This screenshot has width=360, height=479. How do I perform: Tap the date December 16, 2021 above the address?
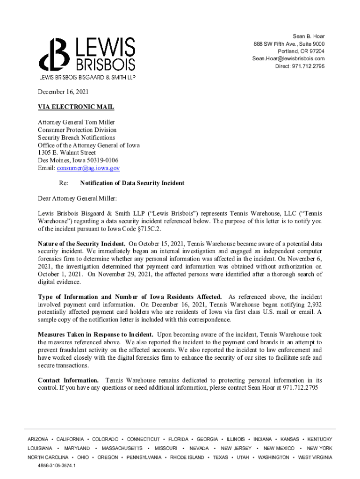point(63,92)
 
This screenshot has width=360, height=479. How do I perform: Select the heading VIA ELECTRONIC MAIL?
point(76,107)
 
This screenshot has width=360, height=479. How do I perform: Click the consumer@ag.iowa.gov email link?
point(88,168)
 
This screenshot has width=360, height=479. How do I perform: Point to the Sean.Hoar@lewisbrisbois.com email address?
point(288,58)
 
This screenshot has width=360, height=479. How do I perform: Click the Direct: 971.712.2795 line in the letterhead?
point(300,66)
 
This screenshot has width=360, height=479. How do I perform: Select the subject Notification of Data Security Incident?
point(132,183)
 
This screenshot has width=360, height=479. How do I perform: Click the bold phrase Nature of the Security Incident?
point(81,244)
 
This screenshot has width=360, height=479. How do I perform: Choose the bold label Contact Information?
point(68,380)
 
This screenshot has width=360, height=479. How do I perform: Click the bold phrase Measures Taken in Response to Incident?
point(95,335)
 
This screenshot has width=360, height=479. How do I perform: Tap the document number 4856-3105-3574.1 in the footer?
point(57,466)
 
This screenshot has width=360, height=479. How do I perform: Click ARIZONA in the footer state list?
point(38,439)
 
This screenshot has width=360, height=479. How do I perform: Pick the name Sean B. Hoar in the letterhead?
point(309,36)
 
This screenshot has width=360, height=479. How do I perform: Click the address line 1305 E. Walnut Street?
point(67,153)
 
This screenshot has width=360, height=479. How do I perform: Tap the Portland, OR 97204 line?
point(301,51)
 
